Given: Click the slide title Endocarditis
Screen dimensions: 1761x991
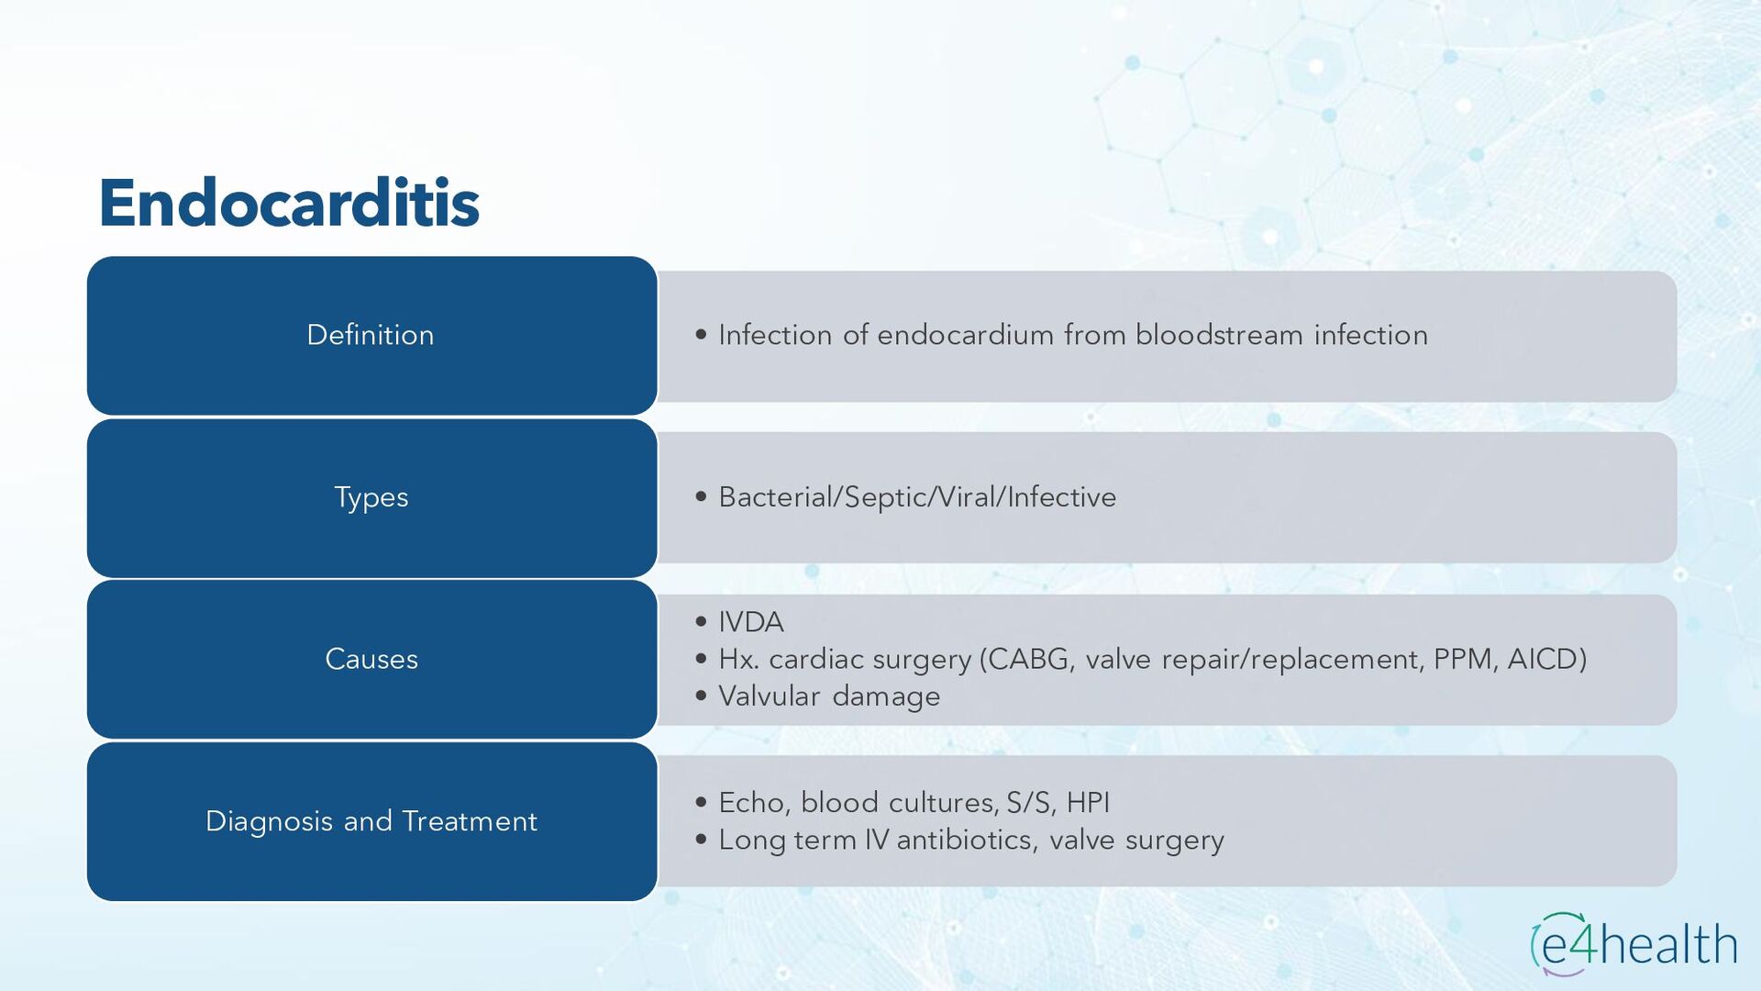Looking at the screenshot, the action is click(289, 203).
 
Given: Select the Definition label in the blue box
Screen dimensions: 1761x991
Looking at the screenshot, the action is click(371, 335).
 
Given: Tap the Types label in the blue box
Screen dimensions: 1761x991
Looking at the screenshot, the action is click(371, 498).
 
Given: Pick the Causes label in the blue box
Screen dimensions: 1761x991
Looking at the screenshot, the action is click(371, 659).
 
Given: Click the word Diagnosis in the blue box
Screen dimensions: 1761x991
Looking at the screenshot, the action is click(270, 822).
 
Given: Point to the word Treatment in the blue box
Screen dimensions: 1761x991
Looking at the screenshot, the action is click(470, 821).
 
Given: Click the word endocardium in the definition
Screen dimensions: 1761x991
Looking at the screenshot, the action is click(965, 335).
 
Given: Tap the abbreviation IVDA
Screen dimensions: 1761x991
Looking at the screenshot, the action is click(751, 622).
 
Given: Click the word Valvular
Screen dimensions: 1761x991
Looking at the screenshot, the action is click(769, 696).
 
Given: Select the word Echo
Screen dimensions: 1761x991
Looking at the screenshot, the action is click(751, 803).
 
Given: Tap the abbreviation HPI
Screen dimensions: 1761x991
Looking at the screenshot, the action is click(1088, 803).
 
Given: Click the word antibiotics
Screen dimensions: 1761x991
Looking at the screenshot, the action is click(965, 840).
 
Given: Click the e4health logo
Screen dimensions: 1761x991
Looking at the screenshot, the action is click(1634, 944).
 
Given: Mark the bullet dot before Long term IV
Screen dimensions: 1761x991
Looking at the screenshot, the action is click(702, 840).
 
